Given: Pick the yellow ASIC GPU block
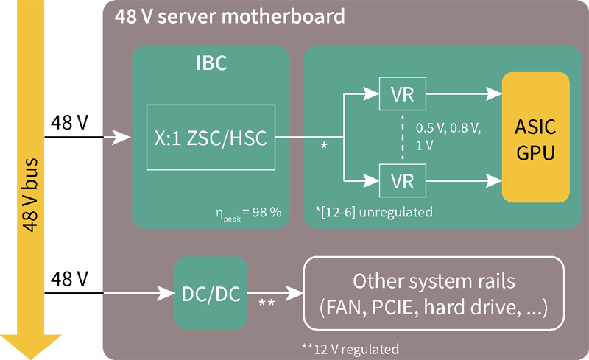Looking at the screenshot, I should pyautogui.click(x=536, y=138).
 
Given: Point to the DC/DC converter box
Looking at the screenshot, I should pyautogui.click(x=211, y=293).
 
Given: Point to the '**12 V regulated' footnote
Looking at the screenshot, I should pyautogui.click(x=350, y=347).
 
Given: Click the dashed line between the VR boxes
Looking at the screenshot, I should pyautogui.click(x=402, y=137).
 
